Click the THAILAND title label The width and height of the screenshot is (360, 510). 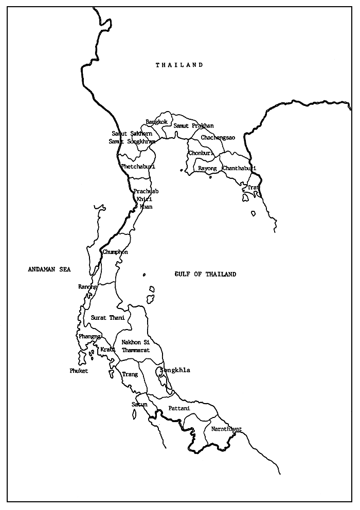coord(179,65)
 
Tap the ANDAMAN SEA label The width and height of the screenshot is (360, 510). coord(49,269)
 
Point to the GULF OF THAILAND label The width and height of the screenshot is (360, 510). coord(205,275)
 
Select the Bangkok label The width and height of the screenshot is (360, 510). coord(157,122)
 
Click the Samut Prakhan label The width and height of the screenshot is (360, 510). coord(193,125)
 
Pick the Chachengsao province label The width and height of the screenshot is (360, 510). coord(218,138)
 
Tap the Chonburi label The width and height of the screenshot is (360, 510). coord(201,153)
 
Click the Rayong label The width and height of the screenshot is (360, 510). coord(207,168)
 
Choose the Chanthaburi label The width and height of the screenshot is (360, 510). coord(239,168)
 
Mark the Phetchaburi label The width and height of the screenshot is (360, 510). coord(138,167)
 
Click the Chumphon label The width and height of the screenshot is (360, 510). coord(115,252)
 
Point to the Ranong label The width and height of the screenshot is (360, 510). coord(87,286)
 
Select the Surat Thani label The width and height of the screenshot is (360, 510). coord(108,318)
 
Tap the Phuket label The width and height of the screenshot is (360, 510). coord(79,371)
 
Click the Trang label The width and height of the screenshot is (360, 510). coord(130,375)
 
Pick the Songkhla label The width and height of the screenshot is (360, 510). coord(175,370)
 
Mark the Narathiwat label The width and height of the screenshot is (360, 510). coord(226,429)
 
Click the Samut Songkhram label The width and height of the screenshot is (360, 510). coord(132,141)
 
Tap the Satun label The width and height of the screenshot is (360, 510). coord(139,405)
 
